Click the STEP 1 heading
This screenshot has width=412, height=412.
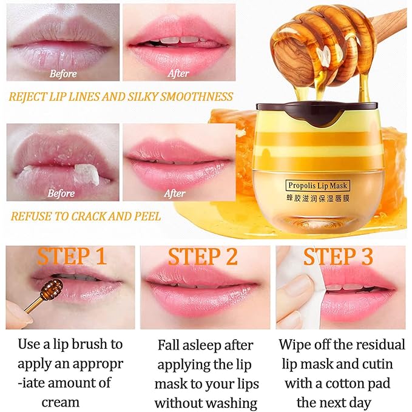point(72,256)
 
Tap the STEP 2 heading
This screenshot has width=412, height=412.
point(203,257)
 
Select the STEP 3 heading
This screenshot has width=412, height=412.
point(338,256)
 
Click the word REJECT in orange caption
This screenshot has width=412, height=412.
point(32,96)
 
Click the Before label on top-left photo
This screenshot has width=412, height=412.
point(63,74)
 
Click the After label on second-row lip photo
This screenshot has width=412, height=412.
point(174,194)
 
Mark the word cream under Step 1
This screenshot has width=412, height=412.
point(60,402)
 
